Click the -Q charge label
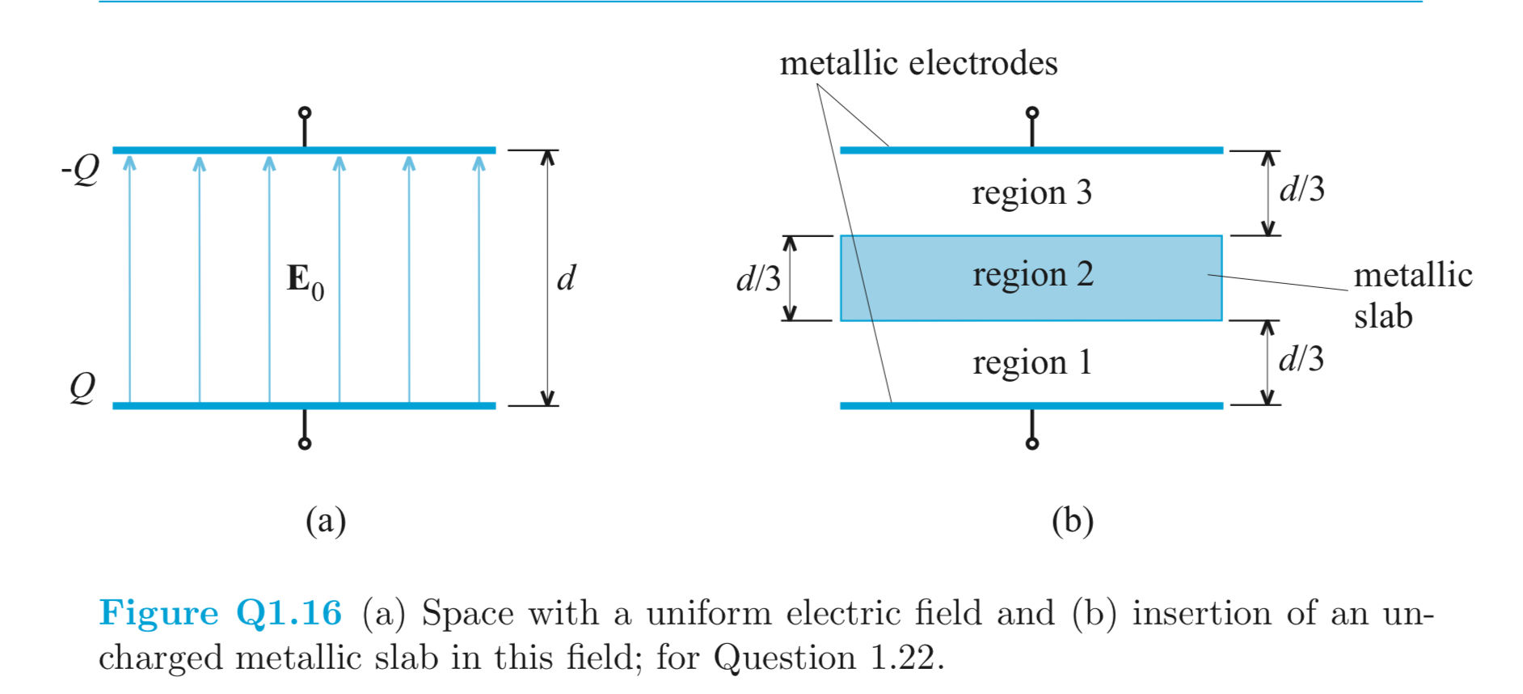click(81, 170)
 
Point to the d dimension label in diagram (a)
click(566, 278)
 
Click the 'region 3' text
click(1032, 193)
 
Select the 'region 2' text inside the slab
click(1032, 275)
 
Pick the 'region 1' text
click(1032, 362)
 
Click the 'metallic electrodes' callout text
click(918, 63)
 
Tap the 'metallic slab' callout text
click(1412, 295)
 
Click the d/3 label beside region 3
click(1302, 189)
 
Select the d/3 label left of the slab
click(757, 279)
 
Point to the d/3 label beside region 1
click(1302, 358)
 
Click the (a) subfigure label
click(326, 520)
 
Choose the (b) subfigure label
click(1072, 520)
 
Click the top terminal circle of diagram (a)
click(305, 112)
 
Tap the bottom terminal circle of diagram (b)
click(1032, 443)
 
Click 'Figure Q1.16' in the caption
click(220, 612)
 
